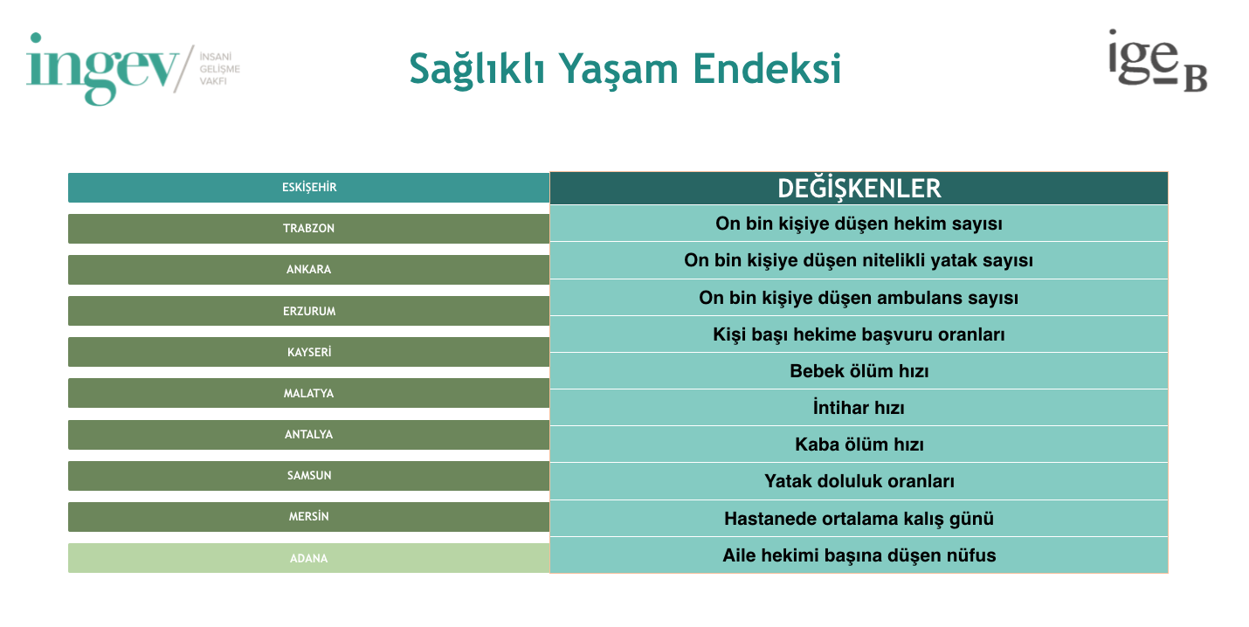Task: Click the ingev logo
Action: coord(133,69)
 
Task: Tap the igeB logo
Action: coord(1157,61)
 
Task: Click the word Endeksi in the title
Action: coord(767,69)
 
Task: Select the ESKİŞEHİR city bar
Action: coord(309,187)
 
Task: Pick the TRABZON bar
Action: coord(309,229)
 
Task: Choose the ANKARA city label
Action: coord(309,270)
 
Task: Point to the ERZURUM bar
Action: coord(309,311)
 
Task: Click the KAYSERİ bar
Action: coord(309,352)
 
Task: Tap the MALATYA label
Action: coord(309,394)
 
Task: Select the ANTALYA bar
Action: coord(309,435)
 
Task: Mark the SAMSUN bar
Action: coord(309,475)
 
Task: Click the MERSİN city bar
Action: coord(309,517)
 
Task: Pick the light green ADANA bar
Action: coord(309,558)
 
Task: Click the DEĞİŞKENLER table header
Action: coord(859,189)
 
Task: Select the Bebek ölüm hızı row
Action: coord(859,370)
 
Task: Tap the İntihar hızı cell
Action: coord(859,408)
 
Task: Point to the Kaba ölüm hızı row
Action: coord(859,444)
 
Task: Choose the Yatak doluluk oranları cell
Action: coord(859,481)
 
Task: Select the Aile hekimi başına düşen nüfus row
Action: coord(859,555)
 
